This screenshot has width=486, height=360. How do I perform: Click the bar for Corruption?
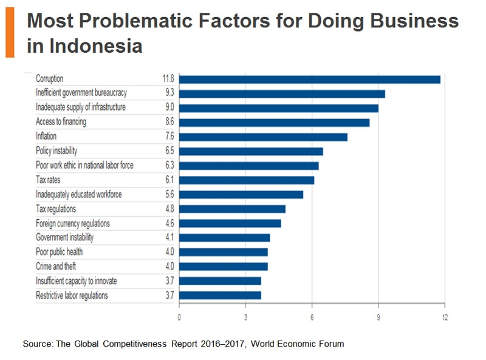coord(309,79)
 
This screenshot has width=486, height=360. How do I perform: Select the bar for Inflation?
coord(263,137)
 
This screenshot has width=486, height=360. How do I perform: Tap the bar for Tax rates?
coord(247,180)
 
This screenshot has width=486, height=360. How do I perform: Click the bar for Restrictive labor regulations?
coord(220,296)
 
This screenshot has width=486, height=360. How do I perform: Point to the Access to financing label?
coord(61,122)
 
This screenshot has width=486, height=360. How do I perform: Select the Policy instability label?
coord(56,151)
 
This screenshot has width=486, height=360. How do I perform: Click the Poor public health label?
coord(59,252)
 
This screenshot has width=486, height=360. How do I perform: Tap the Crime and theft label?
coord(56,267)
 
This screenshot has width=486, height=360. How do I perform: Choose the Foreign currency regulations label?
coord(73,223)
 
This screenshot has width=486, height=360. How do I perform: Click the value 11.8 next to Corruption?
coord(168,79)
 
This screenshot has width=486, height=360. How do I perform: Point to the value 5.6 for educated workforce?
coord(169,194)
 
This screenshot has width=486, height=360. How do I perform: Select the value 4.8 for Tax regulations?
coord(169,209)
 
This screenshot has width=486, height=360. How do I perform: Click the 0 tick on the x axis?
coord(179,318)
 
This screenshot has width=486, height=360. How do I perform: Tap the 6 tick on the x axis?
coord(312,318)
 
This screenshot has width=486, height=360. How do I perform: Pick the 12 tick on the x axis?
coord(445,318)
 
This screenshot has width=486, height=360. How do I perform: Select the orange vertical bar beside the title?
coord(10,34)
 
